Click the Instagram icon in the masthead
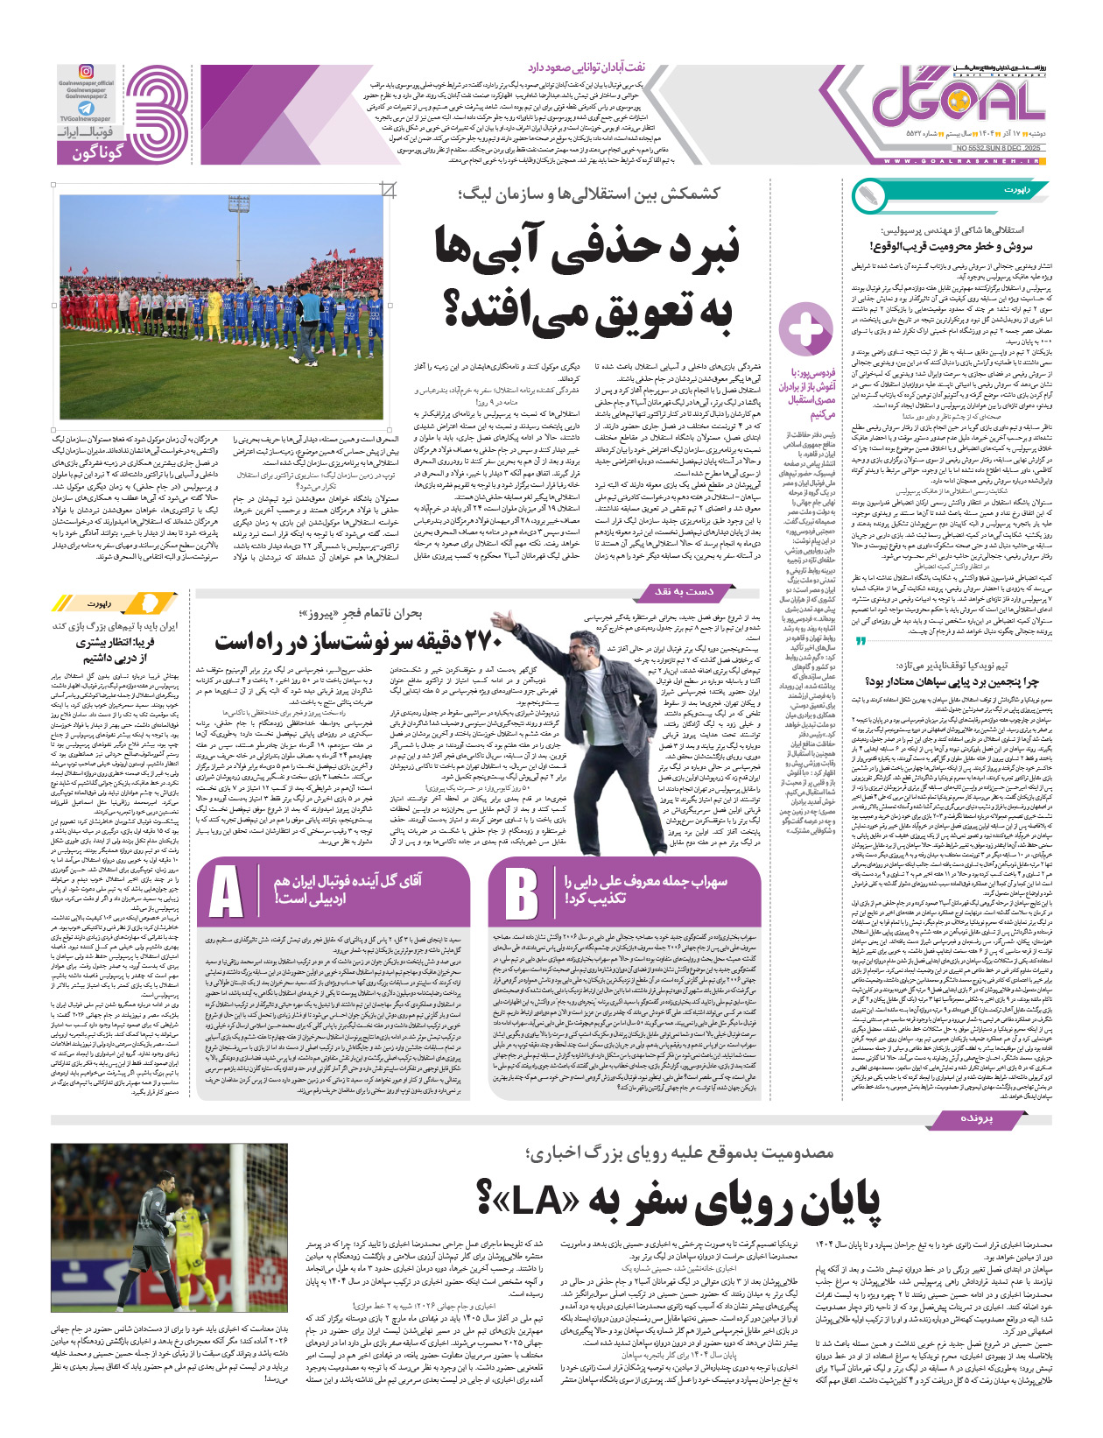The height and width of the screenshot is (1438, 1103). tap(87, 71)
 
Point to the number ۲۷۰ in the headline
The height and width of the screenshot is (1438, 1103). tap(484, 640)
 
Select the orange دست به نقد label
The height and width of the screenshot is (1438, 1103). tap(684, 592)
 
